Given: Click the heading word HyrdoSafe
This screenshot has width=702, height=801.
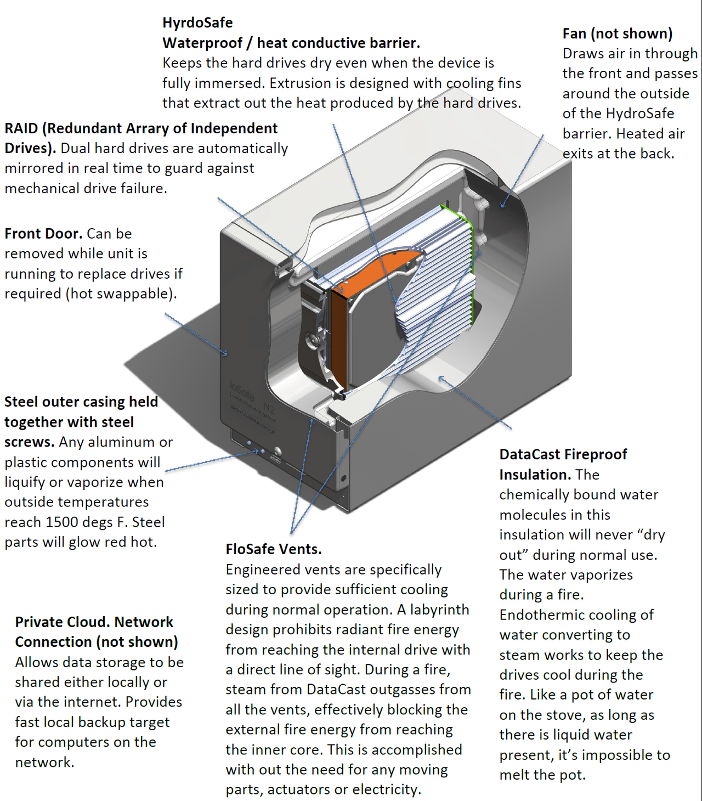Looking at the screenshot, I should [197, 23].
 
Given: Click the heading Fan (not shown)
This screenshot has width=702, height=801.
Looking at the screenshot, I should [617, 34].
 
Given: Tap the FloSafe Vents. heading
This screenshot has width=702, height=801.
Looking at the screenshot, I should [274, 549].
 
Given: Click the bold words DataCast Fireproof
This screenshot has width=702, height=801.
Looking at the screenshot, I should [563, 454].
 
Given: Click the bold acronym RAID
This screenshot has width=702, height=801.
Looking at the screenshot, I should [21, 128].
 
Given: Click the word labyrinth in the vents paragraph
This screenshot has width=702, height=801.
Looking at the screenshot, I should [439, 610].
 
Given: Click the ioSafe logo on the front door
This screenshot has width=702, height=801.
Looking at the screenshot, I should [242, 391].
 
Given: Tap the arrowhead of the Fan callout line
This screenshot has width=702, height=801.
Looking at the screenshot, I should [503, 206].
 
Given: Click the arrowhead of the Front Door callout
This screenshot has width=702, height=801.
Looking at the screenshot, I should [225, 353].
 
